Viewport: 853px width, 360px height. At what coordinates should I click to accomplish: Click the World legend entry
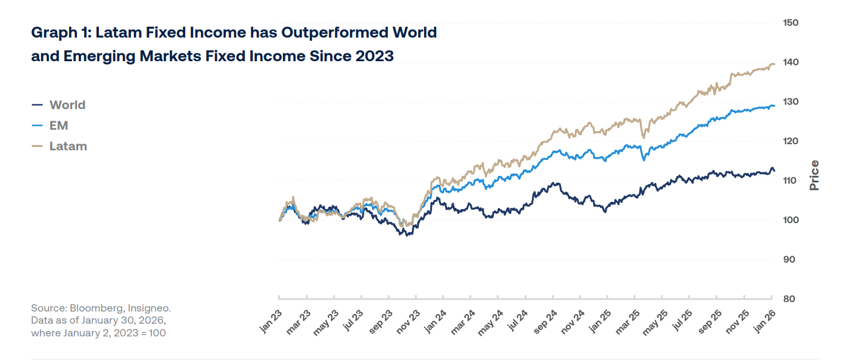pyautogui.click(x=67, y=105)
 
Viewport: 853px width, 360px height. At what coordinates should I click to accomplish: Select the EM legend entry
pyautogui.click(x=59, y=125)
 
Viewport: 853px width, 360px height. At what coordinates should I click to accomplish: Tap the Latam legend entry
pyautogui.click(x=68, y=146)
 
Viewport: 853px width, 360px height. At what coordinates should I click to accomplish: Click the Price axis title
pyautogui.click(x=814, y=175)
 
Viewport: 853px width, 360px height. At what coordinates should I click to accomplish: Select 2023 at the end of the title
pyautogui.click(x=374, y=56)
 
